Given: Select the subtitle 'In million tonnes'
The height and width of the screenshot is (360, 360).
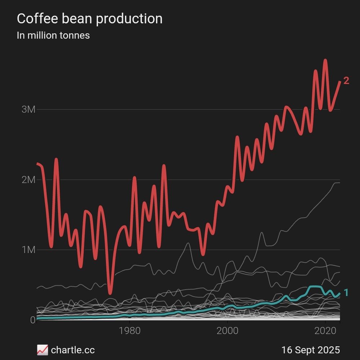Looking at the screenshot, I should tap(53, 35).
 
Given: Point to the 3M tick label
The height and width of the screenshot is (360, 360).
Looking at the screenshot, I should tap(28, 109).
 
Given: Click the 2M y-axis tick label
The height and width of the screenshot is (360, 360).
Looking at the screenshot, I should tap(28, 180).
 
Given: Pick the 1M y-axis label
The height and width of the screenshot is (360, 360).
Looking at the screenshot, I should tap(28, 250).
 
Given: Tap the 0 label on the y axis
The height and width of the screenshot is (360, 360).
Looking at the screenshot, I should tap(32, 320).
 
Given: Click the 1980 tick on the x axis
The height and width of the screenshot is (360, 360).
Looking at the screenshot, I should tap(129, 330).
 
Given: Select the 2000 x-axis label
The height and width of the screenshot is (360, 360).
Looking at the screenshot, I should tap(228, 330).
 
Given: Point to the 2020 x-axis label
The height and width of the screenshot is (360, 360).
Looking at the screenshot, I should tap(325, 330).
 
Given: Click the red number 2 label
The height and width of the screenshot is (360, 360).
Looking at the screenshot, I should tap(346, 81).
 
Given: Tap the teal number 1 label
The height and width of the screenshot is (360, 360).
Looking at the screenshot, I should tap(346, 293).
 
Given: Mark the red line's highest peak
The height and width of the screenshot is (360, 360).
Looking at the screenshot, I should tap(325, 60).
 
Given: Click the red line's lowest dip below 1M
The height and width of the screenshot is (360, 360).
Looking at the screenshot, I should tap(110, 292).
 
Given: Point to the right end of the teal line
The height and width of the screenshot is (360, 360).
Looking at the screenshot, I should tap(339, 294).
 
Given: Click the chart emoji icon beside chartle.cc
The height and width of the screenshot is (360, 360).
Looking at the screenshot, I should tap(42, 350).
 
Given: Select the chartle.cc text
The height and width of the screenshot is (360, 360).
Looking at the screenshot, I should tap(73, 350).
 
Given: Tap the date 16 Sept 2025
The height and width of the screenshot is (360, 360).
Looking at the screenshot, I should tap(311, 350).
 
